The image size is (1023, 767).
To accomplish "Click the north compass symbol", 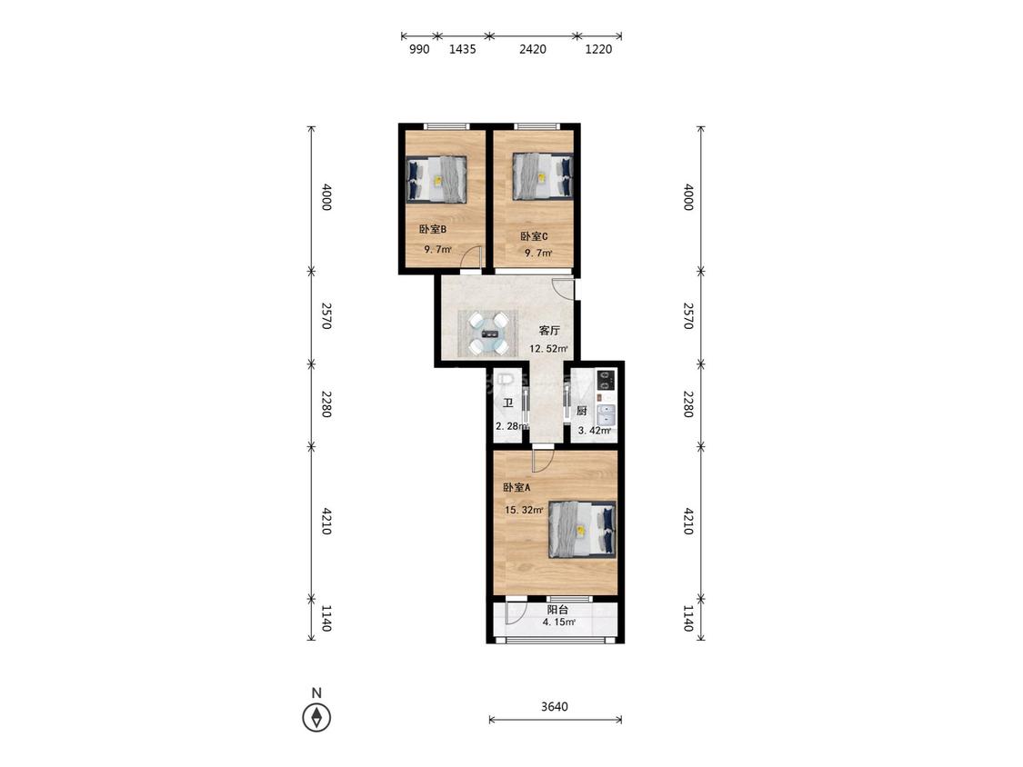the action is tap(316, 717).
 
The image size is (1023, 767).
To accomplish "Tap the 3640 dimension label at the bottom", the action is tap(555, 706).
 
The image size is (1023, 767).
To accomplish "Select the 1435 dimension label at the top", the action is tap(463, 49).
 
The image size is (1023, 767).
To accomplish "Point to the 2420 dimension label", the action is tap(533, 49).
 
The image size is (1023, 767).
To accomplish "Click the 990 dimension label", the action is tap(419, 49).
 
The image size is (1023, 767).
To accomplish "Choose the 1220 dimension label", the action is tap(598, 49).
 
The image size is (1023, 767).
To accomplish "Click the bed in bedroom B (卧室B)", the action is tap(437, 179).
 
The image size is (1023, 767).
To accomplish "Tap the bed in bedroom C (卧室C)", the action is tap(543, 176).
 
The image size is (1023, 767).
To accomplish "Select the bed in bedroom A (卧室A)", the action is tap(582, 529).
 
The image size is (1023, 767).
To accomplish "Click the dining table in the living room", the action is tap(488, 334).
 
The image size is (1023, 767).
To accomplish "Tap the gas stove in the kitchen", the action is tap(607, 380).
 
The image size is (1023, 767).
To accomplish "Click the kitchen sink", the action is tap(607, 414).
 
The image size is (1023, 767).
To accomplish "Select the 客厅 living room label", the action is tap(549, 331).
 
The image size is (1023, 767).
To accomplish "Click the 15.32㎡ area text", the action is tap(525, 510).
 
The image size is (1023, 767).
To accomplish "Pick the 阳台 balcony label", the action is tap(557, 610).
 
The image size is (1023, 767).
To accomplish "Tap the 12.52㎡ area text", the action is tap(548, 348).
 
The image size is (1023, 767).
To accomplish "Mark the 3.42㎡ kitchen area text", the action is tap(595, 431).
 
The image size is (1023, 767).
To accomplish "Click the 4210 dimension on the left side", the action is tap(326, 521).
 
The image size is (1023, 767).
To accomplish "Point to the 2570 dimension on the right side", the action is tap(688, 315).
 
